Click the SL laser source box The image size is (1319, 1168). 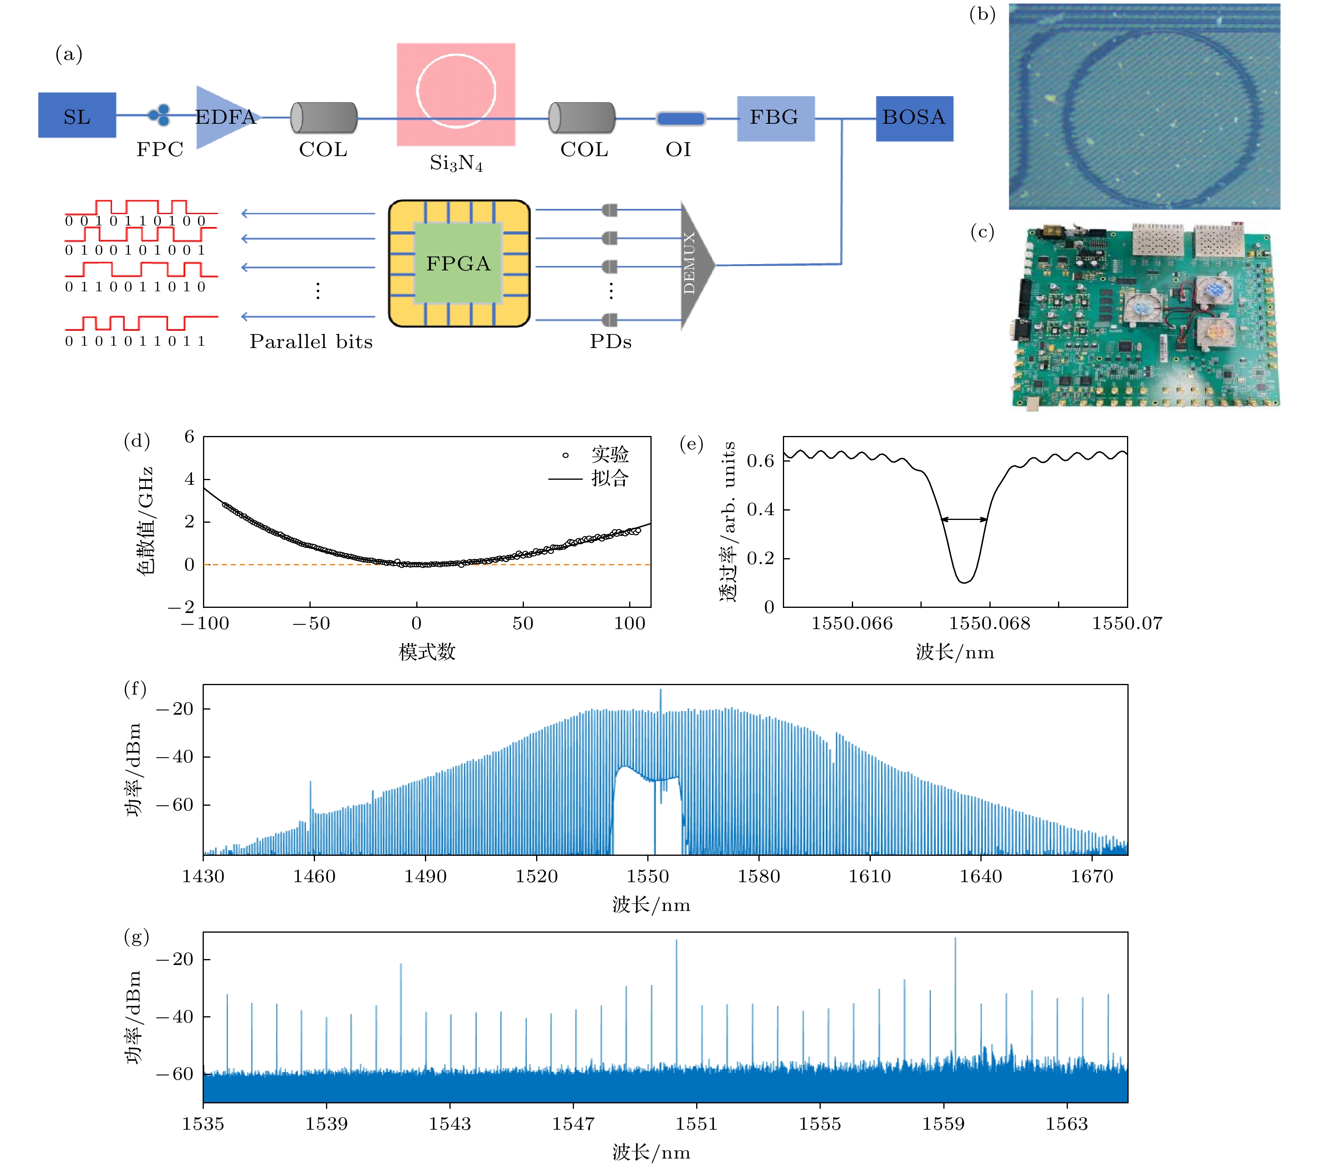77,115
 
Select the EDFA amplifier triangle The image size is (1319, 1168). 223,117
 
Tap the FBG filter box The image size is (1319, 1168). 775,118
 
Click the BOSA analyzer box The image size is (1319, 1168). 914,118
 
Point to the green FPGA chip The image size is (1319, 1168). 458,263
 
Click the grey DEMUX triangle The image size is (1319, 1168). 696,265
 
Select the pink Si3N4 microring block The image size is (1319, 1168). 456,94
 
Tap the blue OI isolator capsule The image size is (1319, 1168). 680,119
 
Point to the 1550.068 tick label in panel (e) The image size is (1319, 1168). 989,623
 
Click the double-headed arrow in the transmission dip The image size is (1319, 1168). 963,519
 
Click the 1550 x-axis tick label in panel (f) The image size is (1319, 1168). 647,876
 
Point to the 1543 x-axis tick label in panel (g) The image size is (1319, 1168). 450,1124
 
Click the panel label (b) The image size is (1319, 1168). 982,14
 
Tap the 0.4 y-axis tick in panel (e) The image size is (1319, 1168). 760,510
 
